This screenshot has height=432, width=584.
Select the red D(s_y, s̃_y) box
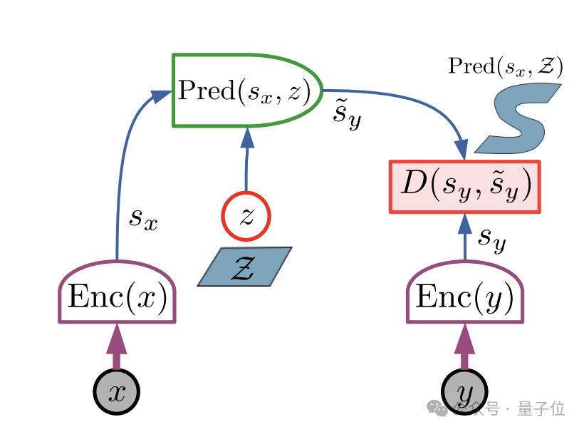[464, 187]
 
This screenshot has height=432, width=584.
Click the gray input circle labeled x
[117, 392]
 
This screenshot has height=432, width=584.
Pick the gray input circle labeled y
[464, 392]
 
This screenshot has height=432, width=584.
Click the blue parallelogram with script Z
[244, 267]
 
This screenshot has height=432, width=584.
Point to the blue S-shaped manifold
[518, 118]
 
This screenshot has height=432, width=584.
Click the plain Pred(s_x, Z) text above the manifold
[505, 66]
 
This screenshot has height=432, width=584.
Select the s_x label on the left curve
[143, 219]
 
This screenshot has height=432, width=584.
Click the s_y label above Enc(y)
[492, 240]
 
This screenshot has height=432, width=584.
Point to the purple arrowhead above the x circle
[117, 339]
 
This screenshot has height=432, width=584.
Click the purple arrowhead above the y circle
[464, 339]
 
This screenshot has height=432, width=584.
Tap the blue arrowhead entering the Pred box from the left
[162, 96]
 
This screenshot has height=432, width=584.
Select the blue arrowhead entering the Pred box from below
[247, 138]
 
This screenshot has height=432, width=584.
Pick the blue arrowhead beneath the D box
[464, 224]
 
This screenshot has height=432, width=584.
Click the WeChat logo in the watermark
[437, 408]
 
